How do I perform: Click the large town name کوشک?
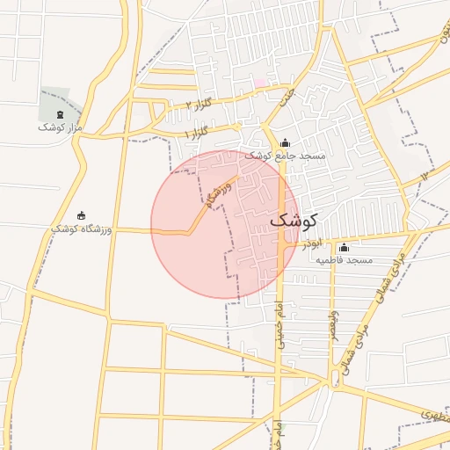[x=294, y=221]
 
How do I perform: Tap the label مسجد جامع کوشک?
[x=284, y=156]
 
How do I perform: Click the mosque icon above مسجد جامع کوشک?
[x=284, y=143]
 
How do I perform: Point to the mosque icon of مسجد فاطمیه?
[x=344, y=248]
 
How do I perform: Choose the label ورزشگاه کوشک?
[x=81, y=229]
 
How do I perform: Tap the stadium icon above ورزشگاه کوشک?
[x=82, y=215]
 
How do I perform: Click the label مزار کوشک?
[x=59, y=127]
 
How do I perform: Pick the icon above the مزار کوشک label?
[x=59, y=115]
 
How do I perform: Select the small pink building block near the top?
[x=259, y=83]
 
